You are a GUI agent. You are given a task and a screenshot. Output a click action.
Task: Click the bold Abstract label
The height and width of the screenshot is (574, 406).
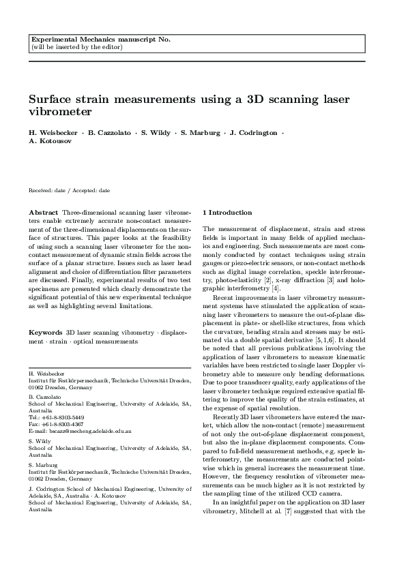coord(44,212)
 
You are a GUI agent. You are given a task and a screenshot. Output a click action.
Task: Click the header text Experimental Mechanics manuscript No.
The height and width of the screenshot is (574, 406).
coord(101,39)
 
